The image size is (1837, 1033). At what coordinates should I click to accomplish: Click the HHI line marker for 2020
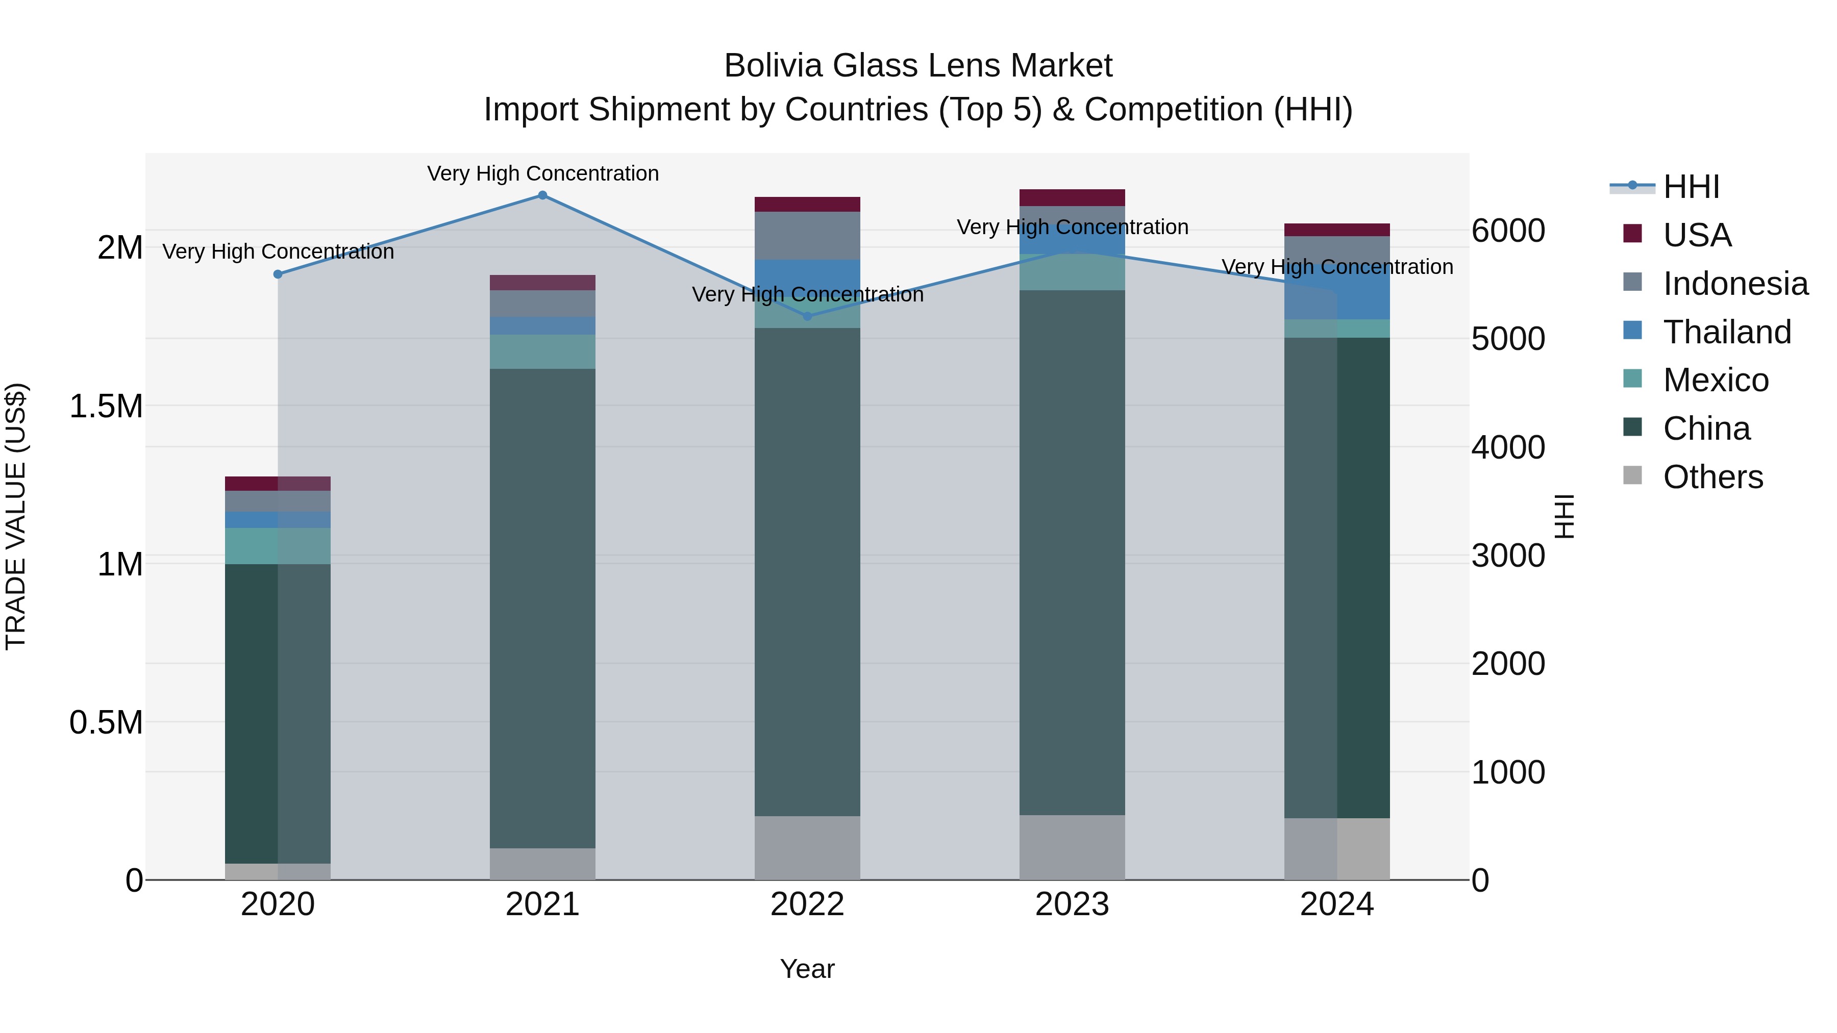(x=278, y=274)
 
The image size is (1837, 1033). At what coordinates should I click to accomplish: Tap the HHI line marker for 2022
(x=807, y=316)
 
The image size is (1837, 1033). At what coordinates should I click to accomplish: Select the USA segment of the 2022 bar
(x=807, y=204)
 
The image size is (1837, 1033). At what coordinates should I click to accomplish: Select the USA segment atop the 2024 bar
(x=1336, y=230)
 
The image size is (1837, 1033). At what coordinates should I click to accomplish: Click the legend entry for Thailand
(x=1726, y=332)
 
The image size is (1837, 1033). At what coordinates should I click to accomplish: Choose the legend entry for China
(x=1706, y=429)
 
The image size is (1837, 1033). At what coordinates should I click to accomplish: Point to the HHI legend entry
(x=1690, y=187)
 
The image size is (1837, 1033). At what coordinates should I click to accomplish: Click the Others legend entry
(x=1711, y=477)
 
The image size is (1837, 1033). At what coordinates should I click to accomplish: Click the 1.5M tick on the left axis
(x=106, y=407)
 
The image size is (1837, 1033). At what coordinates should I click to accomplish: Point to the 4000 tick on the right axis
(x=1507, y=448)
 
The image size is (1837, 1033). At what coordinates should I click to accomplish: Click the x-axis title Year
(x=807, y=969)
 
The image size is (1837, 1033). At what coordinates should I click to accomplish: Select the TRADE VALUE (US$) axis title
(x=16, y=516)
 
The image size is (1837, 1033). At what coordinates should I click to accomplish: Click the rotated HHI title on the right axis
(x=1565, y=516)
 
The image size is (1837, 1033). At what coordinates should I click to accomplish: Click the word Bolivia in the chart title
(x=773, y=66)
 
